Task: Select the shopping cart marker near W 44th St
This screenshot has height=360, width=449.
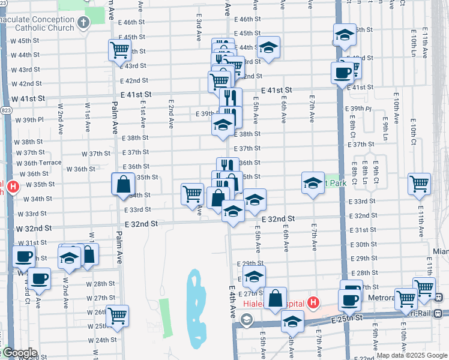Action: click(x=119, y=50)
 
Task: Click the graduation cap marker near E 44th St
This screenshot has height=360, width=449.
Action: click(x=269, y=47)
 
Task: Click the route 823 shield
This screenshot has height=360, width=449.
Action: click(x=6, y=110)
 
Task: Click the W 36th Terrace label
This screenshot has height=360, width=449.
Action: click(x=38, y=163)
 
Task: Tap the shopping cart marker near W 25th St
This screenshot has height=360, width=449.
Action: click(x=117, y=315)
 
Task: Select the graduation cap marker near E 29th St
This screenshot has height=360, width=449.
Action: click(x=254, y=277)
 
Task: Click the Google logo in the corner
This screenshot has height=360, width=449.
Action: click(x=19, y=353)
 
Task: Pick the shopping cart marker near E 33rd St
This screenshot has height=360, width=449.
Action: click(x=192, y=194)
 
